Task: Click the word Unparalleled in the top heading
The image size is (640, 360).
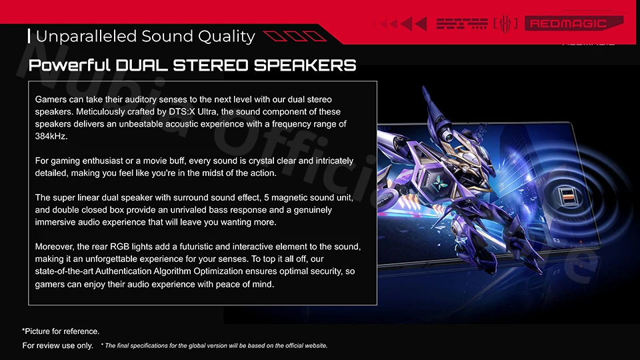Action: click(86, 37)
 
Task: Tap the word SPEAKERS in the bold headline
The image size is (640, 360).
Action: click(305, 65)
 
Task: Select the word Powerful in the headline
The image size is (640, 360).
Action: click(69, 65)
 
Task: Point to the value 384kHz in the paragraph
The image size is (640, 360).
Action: click(51, 136)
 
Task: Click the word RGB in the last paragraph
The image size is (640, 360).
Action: click(119, 247)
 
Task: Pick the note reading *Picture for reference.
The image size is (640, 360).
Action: click(61, 331)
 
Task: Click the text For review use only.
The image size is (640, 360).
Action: click(57, 346)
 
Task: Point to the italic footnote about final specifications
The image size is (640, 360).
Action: click(214, 346)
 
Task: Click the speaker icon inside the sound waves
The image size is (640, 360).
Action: click(566, 196)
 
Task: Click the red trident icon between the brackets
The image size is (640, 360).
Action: click(505, 24)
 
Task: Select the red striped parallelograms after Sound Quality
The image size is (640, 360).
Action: click(295, 36)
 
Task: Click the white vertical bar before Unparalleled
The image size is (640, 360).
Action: click(29, 36)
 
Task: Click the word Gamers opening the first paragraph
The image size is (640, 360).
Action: click(49, 99)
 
